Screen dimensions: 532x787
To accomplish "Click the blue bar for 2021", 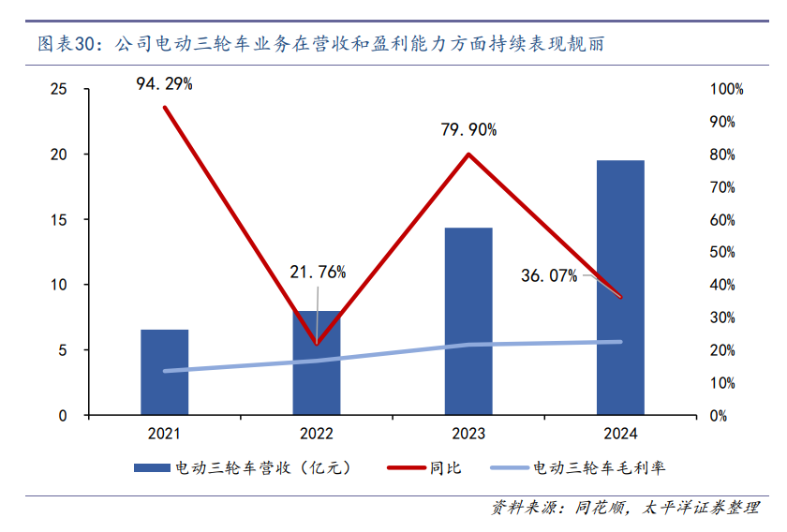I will pos(164,372).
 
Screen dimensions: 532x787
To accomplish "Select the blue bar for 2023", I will pos(468,321).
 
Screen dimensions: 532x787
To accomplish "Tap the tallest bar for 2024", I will pos(620,288).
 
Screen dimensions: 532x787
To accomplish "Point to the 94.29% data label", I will pos(164,84).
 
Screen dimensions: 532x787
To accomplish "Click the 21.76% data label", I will pos(318,273).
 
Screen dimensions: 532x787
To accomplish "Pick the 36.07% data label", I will pos(549,275).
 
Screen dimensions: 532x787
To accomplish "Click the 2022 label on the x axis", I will pos(317,434).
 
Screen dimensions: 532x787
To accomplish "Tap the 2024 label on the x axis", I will pos(620,434).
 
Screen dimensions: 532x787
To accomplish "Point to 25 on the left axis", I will pos(59,89).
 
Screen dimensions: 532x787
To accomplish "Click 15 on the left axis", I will pos(59,219).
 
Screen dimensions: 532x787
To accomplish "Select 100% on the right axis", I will pos(726,89).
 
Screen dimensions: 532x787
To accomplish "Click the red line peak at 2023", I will pos(468,154).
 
